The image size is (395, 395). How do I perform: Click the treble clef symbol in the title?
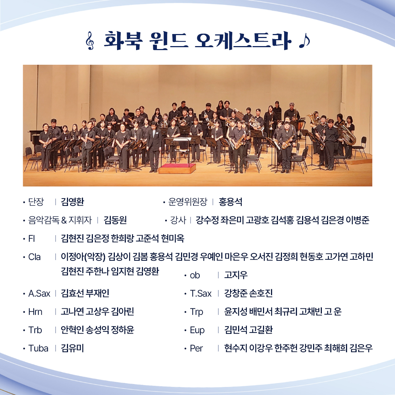90,41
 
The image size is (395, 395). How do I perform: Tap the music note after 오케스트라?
304,41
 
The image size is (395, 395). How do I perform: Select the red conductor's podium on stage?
177,168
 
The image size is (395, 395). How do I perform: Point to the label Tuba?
38,349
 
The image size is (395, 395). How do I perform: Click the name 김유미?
72,349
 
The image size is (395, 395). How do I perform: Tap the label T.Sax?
201,293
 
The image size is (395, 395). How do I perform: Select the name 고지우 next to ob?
236,275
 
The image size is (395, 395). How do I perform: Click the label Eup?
197,330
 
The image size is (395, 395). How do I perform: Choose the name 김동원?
115,220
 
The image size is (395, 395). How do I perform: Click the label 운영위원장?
188,202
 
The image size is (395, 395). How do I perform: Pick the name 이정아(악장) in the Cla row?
83,257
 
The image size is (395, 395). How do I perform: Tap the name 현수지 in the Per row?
236,349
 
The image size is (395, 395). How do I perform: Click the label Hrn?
35,312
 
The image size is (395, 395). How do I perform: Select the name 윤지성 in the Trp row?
236,312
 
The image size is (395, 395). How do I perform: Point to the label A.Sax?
39,293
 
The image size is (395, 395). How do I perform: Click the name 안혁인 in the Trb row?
72,330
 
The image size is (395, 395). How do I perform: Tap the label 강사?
178,220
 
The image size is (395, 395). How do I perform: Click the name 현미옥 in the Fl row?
173,238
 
